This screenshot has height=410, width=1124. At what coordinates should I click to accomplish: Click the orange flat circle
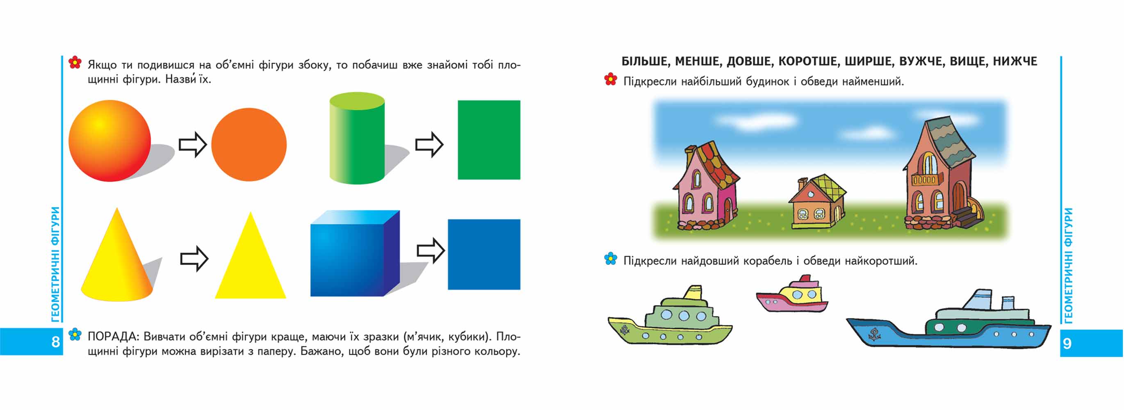click(x=249, y=144)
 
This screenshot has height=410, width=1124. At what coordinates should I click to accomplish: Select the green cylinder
click(x=357, y=138)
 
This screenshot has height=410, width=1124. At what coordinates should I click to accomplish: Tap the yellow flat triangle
click(x=251, y=255)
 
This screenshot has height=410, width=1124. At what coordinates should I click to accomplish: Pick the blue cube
click(x=355, y=253)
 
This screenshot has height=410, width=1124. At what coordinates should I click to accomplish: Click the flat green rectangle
click(x=489, y=139)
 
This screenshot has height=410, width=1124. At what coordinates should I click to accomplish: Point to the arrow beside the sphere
click(x=192, y=144)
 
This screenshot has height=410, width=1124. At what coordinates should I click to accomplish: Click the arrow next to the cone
click(x=194, y=259)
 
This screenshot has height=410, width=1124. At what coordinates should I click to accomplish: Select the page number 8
click(x=55, y=342)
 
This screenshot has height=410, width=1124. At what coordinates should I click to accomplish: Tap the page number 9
click(x=1067, y=344)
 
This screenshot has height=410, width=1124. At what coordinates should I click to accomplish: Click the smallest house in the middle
click(x=817, y=201)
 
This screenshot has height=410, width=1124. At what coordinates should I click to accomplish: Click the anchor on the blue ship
click(x=873, y=335)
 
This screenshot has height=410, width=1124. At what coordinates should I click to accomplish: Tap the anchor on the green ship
click(x=625, y=330)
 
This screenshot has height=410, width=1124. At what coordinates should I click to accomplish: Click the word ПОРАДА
click(x=113, y=337)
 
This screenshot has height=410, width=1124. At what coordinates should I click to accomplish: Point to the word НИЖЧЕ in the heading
click(x=1015, y=61)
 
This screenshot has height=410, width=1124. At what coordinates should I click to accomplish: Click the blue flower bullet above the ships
click(x=611, y=259)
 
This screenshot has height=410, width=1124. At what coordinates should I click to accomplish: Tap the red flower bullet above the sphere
click(x=75, y=62)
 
